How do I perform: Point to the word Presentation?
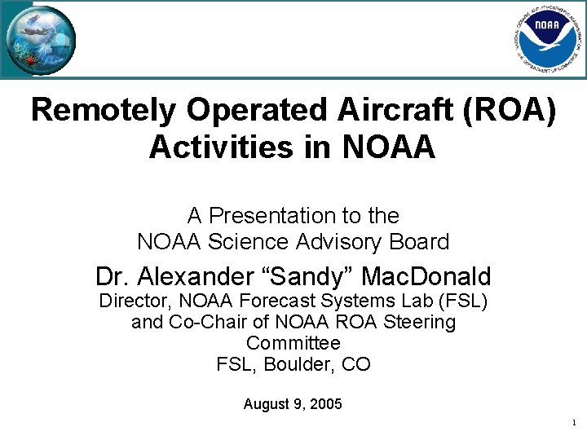tap(270, 216)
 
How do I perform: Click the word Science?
tap(245, 242)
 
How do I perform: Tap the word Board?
tap(421, 242)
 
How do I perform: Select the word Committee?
tap(293, 343)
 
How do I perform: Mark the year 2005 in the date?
tap(326, 404)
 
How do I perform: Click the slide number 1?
tap(574, 424)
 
